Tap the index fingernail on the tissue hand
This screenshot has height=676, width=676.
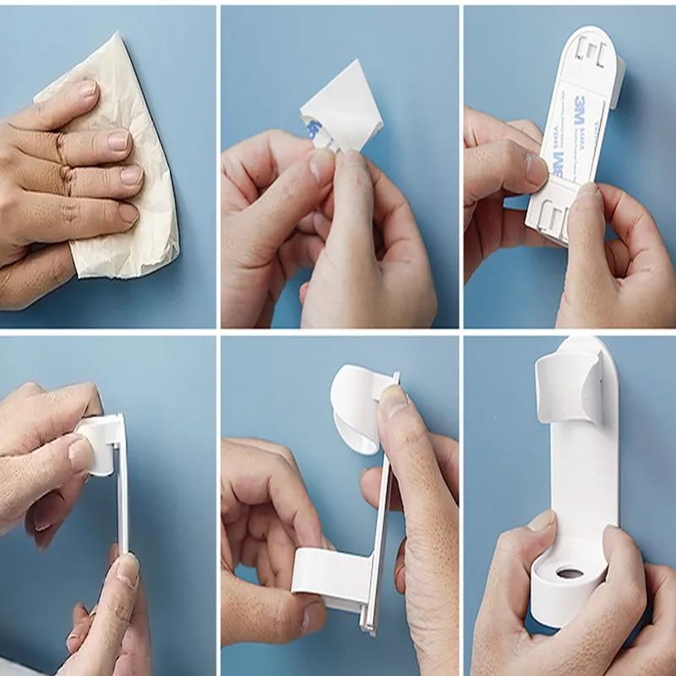[x=87, y=89]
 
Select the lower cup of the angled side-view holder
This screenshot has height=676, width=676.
[x=325, y=575]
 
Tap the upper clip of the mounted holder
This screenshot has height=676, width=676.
[x=570, y=389]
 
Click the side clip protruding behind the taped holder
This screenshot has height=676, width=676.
[x=617, y=80]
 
